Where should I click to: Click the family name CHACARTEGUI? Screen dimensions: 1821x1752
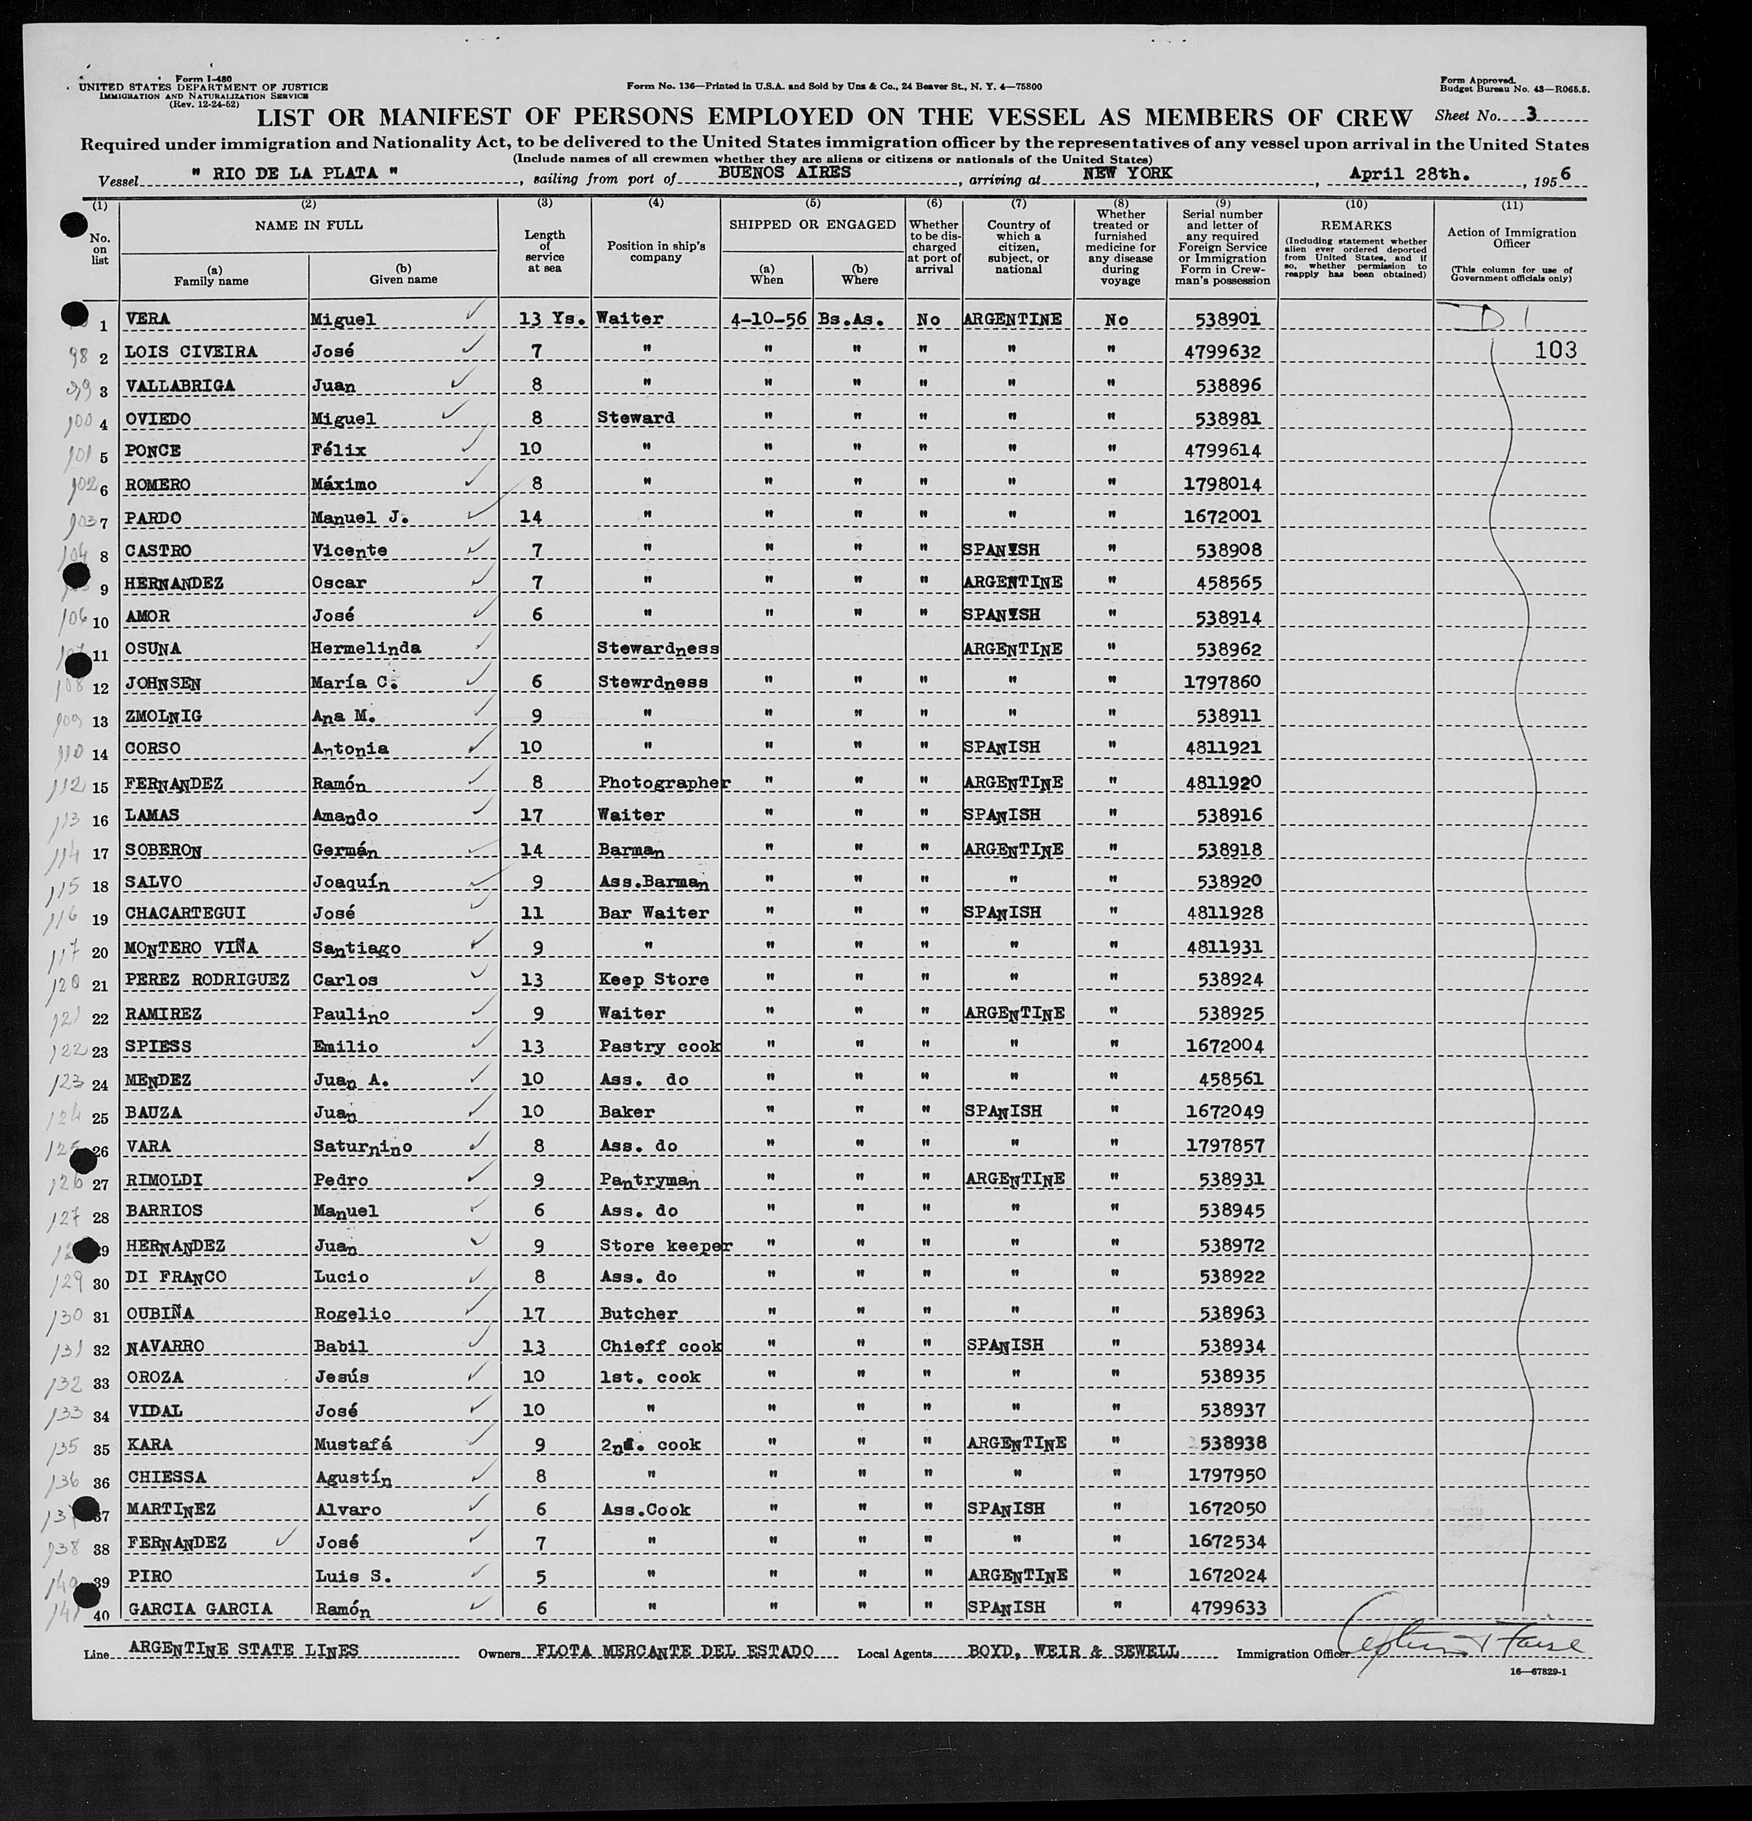click(184, 913)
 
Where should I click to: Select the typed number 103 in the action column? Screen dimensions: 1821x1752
click(1556, 351)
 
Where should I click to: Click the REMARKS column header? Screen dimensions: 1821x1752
click(1355, 226)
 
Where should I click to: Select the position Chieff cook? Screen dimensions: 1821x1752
click(660, 1346)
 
